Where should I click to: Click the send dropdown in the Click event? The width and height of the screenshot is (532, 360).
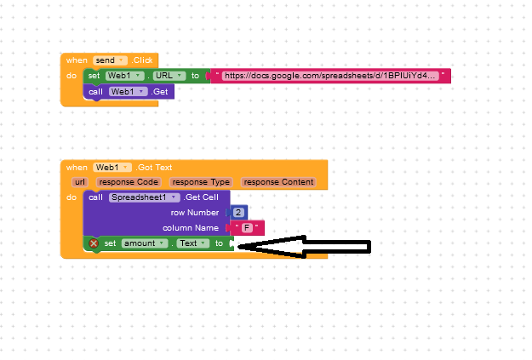pyautogui.click(x=110, y=60)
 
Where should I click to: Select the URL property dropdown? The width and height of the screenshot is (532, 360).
pyautogui.click(x=169, y=76)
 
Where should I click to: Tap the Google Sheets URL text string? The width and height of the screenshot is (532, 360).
pyautogui.click(x=329, y=76)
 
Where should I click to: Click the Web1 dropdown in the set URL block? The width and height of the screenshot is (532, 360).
pyautogui.click(x=124, y=76)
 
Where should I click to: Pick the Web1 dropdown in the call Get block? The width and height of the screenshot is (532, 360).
pyautogui.click(x=128, y=92)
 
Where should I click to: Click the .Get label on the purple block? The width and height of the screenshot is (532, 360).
pyautogui.click(x=160, y=92)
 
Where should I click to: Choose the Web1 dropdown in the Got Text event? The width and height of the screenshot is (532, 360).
pyautogui.click(x=112, y=168)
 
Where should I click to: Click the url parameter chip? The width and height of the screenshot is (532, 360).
pyautogui.click(x=80, y=182)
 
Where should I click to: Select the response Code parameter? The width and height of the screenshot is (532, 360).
pyautogui.click(x=129, y=182)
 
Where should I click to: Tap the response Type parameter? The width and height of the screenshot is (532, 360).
pyautogui.click(x=201, y=182)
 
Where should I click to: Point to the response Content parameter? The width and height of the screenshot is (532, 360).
pyautogui.click(x=278, y=182)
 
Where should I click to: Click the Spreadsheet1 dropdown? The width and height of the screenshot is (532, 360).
pyautogui.click(x=144, y=197)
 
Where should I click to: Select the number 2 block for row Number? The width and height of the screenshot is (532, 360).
pyautogui.click(x=238, y=213)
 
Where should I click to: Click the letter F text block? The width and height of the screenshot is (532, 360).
pyautogui.click(x=247, y=228)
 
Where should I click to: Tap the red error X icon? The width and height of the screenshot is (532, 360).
pyautogui.click(x=94, y=243)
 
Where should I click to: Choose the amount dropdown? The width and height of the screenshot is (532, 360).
pyautogui.click(x=145, y=243)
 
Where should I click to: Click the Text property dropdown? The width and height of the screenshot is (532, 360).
pyautogui.click(x=193, y=243)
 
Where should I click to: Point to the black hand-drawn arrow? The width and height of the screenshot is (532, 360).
pyautogui.click(x=304, y=247)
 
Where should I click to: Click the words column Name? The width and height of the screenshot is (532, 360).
pyautogui.click(x=191, y=228)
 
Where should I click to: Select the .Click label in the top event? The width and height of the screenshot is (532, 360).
pyautogui.click(x=142, y=60)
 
